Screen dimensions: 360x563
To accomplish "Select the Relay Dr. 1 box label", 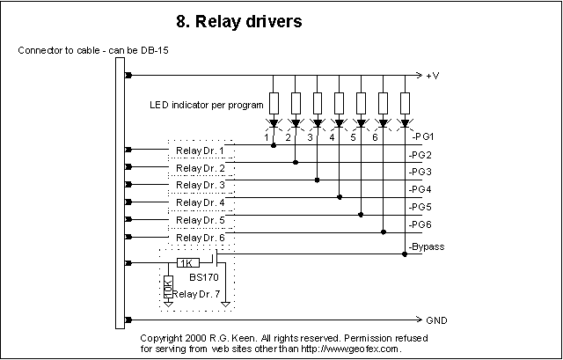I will [x=200, y=151].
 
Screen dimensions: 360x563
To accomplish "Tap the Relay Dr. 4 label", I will [x=200, y=202].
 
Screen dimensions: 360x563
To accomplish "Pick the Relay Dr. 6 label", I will [x=200, y=237].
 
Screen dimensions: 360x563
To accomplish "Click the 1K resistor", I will [x=186, y=262].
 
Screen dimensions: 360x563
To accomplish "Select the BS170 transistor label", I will [x=204, y=276].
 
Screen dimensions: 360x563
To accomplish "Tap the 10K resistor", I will [x=168, y=287].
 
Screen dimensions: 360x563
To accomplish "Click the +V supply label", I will [x=432, y=76].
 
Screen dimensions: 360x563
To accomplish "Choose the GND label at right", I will [x=436, y=320].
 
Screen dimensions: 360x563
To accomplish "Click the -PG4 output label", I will [x=420, y=188].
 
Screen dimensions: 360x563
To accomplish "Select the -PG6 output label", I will [x=420, y=224].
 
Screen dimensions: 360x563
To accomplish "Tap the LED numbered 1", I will [x=274, y=122].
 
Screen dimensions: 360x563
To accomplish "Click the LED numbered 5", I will [x=361, y=122].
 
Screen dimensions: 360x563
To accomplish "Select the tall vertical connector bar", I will [x=120, y=194].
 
